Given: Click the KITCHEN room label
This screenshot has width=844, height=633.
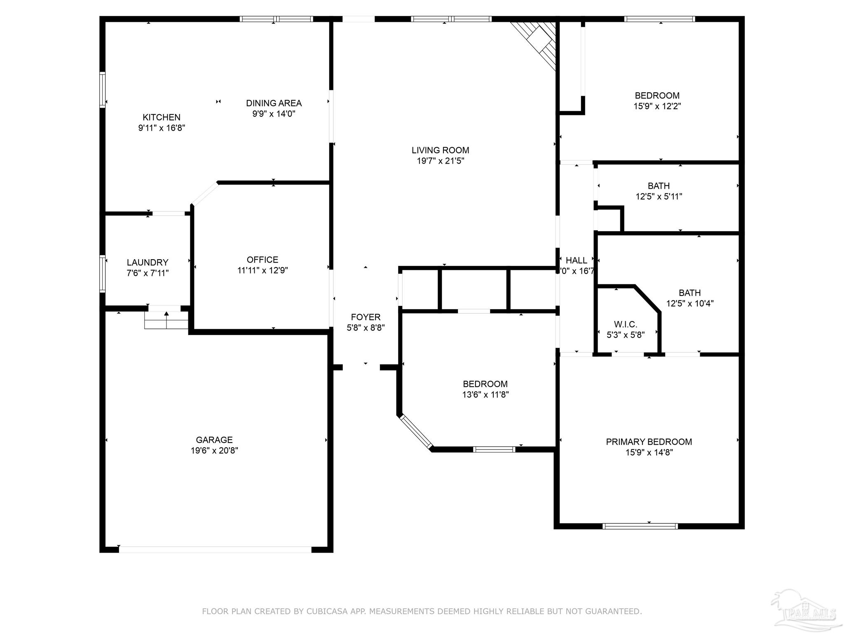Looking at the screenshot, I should click(162, 117).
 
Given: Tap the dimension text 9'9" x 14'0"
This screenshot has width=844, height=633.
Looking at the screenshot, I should click(274, 114).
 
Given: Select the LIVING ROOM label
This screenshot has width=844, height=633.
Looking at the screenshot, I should click(440, 150).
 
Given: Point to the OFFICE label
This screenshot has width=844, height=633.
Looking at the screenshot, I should click(262, 260).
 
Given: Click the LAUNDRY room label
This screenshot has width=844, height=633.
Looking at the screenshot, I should click(147, 263).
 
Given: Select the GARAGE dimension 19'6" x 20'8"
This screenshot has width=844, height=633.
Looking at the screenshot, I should click(214, 450).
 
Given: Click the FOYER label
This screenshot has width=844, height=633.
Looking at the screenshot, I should click(366, 317).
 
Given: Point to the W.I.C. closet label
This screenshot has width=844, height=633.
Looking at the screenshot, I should click(625, 324).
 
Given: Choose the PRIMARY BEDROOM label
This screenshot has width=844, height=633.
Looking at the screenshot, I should click(649, 442).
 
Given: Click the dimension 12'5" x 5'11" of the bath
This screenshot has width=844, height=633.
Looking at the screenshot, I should click(659, 197).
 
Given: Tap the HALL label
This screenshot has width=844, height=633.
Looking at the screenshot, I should click(576, 260).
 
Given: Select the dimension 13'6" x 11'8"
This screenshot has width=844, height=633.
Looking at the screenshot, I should click(485, 394).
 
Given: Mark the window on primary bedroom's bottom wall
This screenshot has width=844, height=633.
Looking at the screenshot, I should click(640, 526).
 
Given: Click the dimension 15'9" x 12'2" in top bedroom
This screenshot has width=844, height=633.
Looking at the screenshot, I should click(657, 106).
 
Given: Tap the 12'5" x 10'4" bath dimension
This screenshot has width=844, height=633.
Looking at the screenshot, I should click(689, 304).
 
